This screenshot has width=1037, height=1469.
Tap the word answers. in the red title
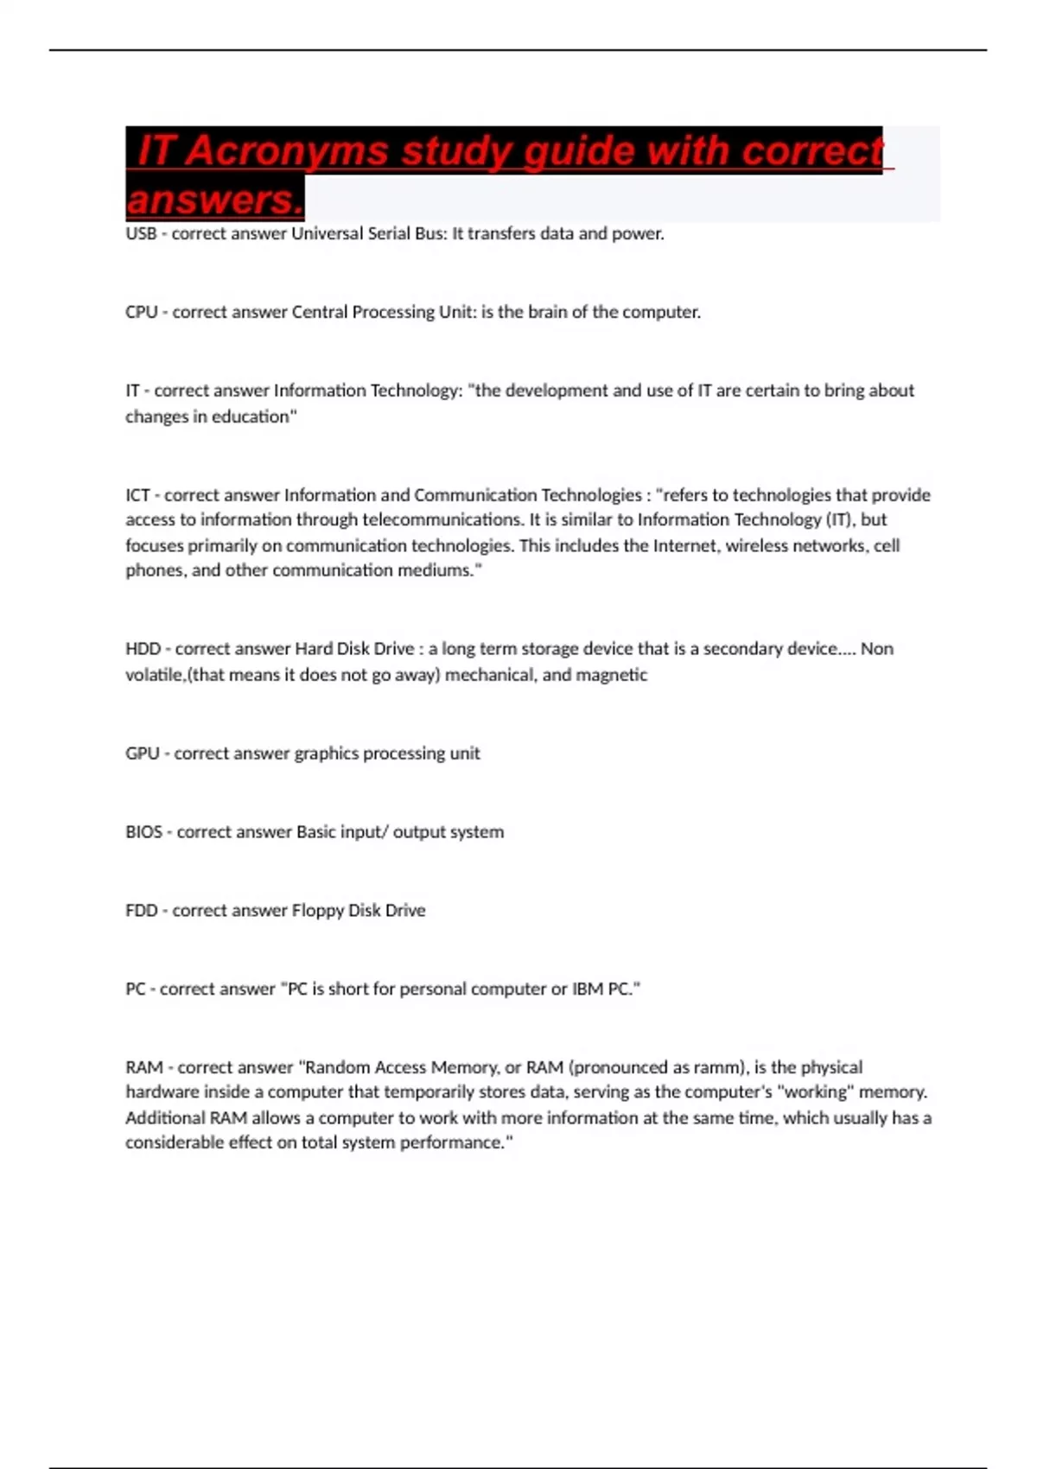[214, 200]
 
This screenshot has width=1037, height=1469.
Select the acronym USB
[141, 233]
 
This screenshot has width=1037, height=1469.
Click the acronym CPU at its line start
[142, 312]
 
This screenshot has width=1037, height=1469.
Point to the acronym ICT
[138, 495]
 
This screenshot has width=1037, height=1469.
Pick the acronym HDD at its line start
[143, 649]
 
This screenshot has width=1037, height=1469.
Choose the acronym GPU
[143, 754]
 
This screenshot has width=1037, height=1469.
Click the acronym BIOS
[143, 832]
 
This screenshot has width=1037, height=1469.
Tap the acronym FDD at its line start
[142, 911]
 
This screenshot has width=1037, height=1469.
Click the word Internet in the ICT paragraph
[685, 545]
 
